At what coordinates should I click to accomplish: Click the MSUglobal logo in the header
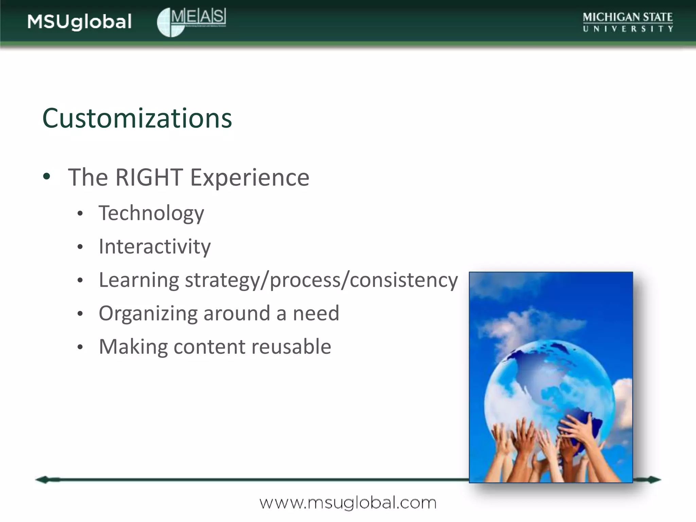point(80,22)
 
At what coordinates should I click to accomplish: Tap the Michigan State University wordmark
point(627,22)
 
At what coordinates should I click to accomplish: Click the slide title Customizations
point(137,118)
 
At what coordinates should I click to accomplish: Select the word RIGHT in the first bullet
point(149,177)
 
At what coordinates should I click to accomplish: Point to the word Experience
point(250,177)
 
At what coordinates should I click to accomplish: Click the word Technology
point(151,213)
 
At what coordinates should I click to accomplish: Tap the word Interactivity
point(155,246)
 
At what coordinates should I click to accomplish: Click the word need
point(316,313)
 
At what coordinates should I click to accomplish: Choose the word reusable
point(291,347)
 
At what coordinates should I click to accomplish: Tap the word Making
point(133,347)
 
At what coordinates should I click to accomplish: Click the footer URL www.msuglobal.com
point(348,502)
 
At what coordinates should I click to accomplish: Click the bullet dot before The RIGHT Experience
point(47,177)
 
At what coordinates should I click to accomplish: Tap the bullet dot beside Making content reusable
point(80,347)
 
